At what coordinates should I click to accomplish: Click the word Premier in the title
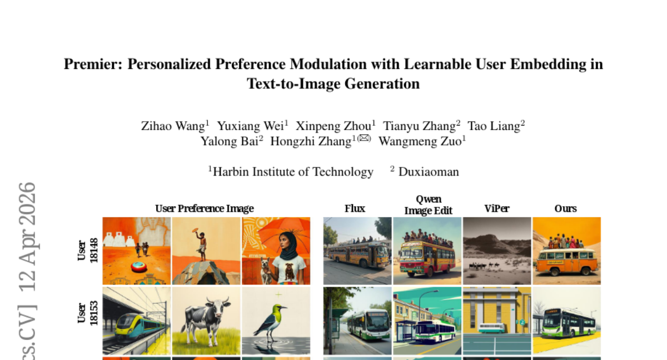click(x=93, y=64)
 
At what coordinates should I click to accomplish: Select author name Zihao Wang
click(x=173, y=126)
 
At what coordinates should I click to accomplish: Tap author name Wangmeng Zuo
click(x=420, y=141)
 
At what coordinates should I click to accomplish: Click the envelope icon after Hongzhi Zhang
click(x=364, y=138)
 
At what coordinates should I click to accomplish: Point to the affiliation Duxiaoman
click(x=429, y=172)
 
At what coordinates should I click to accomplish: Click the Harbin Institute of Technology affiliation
click(x=293, y=172)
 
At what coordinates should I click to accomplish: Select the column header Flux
click(x=355, y=208)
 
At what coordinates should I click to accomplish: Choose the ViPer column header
click(x=497, y=208)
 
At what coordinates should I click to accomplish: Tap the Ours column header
click(x=565, y=208)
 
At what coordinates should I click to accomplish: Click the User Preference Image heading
click(x=205, y=208)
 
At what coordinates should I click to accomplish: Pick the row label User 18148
click(x=88, y=251)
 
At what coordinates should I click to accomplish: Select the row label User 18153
click(x=88, y=313)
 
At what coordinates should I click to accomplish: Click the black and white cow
click(x=207, y=321)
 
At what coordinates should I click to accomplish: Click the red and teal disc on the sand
click(x=139, y=267)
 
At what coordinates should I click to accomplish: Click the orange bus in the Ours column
click(x=566, y=262)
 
